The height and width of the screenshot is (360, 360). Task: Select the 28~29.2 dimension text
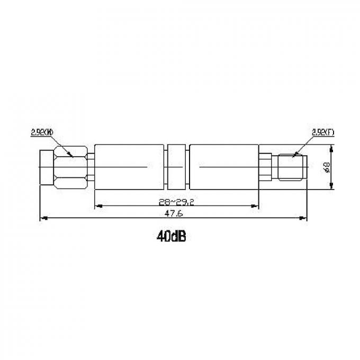(176, 201)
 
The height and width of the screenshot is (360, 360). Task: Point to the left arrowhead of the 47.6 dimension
(43, 217)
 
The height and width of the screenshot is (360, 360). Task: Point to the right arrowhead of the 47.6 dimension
(304, 217)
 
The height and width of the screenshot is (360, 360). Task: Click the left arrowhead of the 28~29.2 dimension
(97, 206)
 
